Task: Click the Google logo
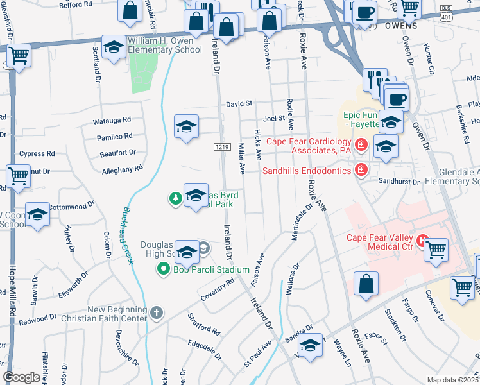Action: (x=22, y=377)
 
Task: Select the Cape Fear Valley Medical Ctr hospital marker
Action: (x=423, y=241)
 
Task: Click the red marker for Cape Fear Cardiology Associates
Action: (x=361, y=144)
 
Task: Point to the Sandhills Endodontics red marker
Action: (x=361, y=170)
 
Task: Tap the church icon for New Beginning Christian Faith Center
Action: (x=157, y=313)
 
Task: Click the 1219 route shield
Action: (x=222, y=147)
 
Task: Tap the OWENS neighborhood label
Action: (x=401, y=26)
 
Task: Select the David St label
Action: (x=239, y=103)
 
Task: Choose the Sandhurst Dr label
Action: (x=398, y=182)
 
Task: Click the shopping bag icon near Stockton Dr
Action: (x=366, y=284)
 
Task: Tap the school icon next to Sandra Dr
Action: (x=310, y=345)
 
